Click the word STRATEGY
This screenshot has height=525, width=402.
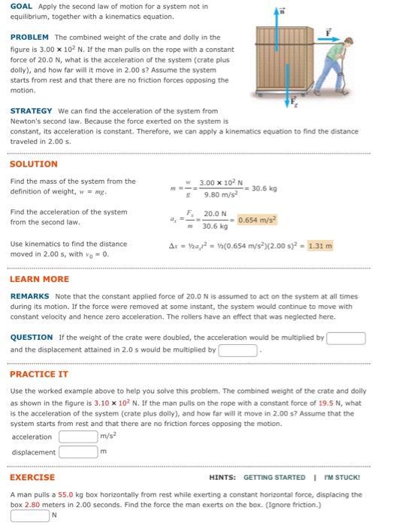(32, 110)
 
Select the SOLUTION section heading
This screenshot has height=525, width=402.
(33, 163)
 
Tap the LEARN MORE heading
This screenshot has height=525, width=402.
(39, 278)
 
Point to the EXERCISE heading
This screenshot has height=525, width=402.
(32, 477)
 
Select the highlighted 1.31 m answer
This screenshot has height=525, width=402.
(320, 245)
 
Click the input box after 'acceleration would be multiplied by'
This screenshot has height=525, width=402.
(346, 337)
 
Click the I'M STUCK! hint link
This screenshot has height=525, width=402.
(343, 478)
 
